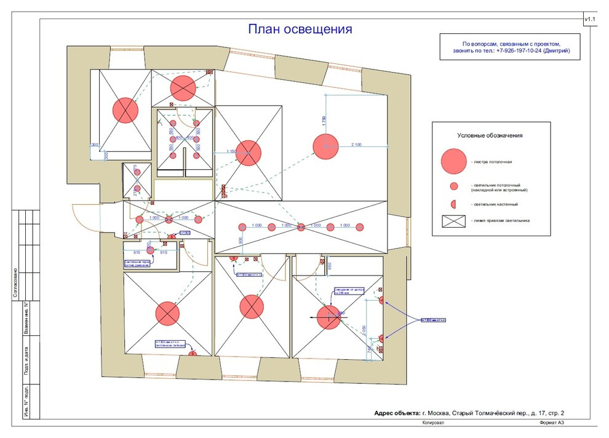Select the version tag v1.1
pos(591,20)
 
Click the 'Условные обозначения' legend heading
pos(490,135)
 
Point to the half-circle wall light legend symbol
pos(453,204)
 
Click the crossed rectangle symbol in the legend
pos(453,220)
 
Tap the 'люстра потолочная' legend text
pos(492,162)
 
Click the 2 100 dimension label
pos(360,144)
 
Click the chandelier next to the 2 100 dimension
pos(325,146)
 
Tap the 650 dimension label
pos(330,266)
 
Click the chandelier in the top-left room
pos(125,110)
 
